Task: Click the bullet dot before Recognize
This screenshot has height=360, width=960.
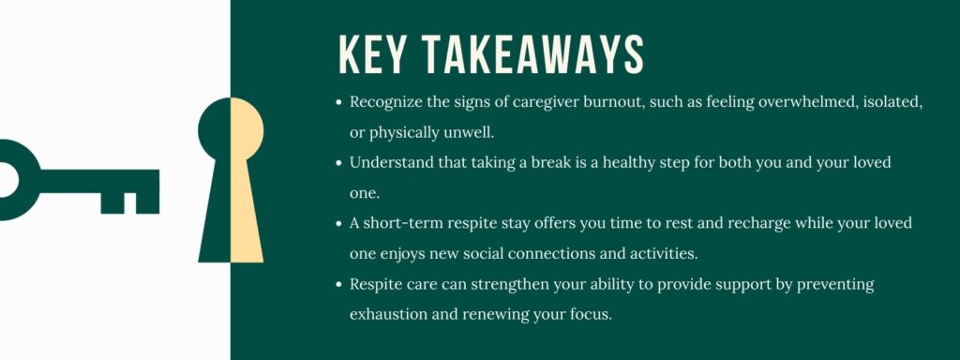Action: (337, 102)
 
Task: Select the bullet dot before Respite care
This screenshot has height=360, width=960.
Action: (337, 283)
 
